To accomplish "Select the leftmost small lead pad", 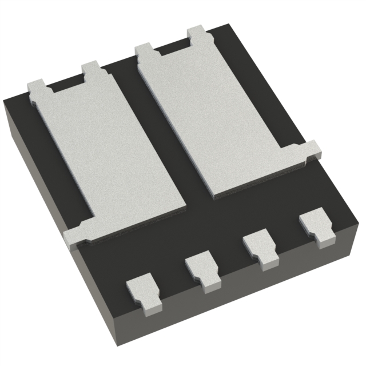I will [142, 289].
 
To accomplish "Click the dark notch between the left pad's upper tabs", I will [65, 86].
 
